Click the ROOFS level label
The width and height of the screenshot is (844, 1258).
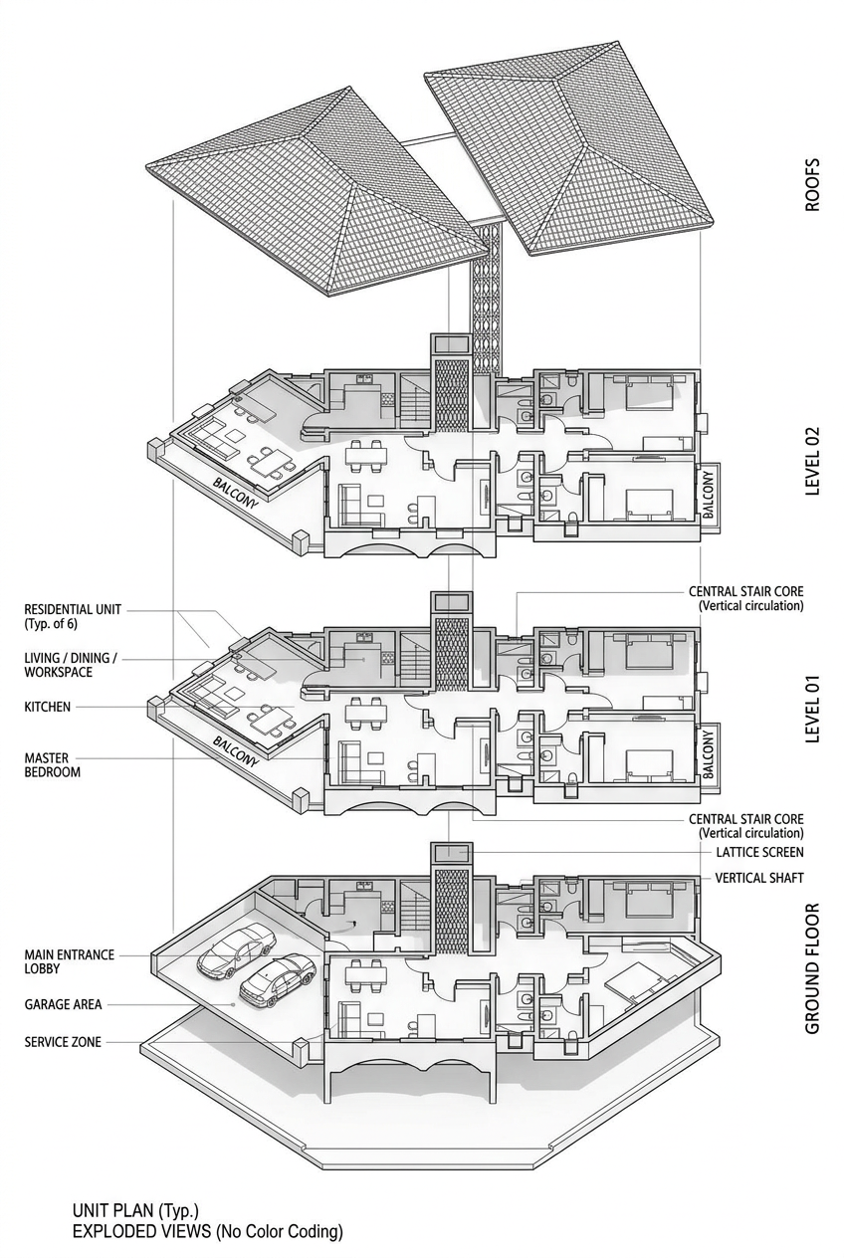(812, 184)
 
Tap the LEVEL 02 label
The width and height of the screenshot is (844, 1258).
(812, 461)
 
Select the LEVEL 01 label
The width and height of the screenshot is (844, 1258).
(812, 709)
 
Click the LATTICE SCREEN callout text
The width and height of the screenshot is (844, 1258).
(759, 852)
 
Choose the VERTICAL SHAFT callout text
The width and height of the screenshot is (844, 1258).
(759, 877)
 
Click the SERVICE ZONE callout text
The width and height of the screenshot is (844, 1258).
(63, 1042)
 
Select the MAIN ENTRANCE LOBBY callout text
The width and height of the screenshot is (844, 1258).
(69, 961)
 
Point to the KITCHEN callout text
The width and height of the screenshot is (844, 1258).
(47, 707)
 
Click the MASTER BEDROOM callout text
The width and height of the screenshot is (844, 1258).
(52, 765)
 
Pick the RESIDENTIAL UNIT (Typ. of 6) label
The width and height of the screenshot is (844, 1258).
(73, 616)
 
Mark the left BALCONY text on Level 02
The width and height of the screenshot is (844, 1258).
(235, 493)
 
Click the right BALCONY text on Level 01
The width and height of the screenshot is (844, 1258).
(708, 754)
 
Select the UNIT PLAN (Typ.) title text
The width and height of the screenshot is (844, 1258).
(135, 1209)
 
